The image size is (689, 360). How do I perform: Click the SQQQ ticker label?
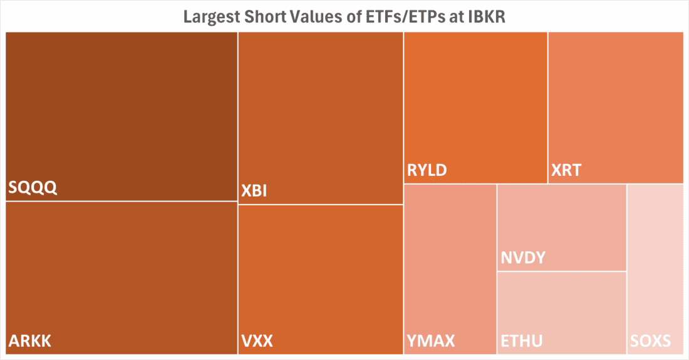tap(33, 188)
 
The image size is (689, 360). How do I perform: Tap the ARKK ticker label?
tap(30, 341)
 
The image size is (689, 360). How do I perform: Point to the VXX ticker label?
tap(257, 341)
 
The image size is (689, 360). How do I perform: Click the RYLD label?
tap(427, 170)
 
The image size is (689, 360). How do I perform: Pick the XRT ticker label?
tap(566, 170)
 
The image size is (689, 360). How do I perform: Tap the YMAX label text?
tap(431, 341)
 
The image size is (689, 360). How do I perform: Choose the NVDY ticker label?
tap(523, 257)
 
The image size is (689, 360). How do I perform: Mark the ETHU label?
tap(522, 341)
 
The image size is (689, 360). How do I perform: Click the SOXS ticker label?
tap(651, 341)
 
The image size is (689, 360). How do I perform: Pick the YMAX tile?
tap(450, 263)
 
